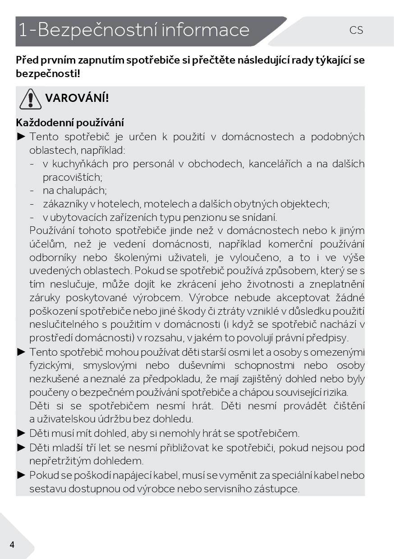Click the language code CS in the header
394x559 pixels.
coord(356,30)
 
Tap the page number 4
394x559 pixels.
coord(12,545)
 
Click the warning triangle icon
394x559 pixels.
coord(30,99)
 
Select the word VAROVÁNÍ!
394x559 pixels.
coord(77,98)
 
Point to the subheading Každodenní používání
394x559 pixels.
coord(70,123)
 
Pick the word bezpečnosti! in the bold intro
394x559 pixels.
coord(48,73)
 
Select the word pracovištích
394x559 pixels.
coord(72,177)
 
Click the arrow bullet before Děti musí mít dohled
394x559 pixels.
coord(21,434)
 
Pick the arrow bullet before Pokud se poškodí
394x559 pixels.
coord(21,475)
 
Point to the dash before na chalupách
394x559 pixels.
coord(32,191)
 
